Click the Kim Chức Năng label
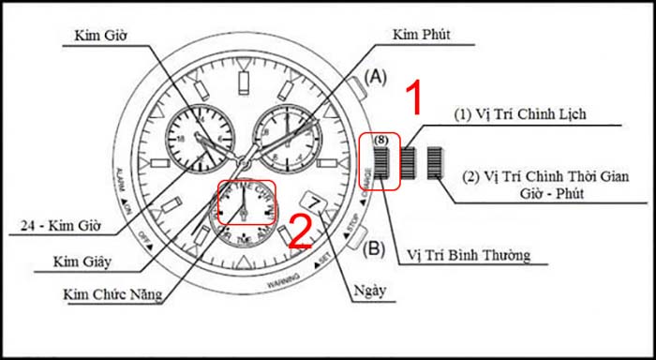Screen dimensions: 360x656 pos(111,295)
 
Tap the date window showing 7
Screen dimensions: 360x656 pos(314,202)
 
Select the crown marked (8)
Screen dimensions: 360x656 pos(380,161)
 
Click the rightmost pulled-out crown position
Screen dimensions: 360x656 pos(433,162)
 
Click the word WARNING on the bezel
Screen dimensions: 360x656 pos(285,278)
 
